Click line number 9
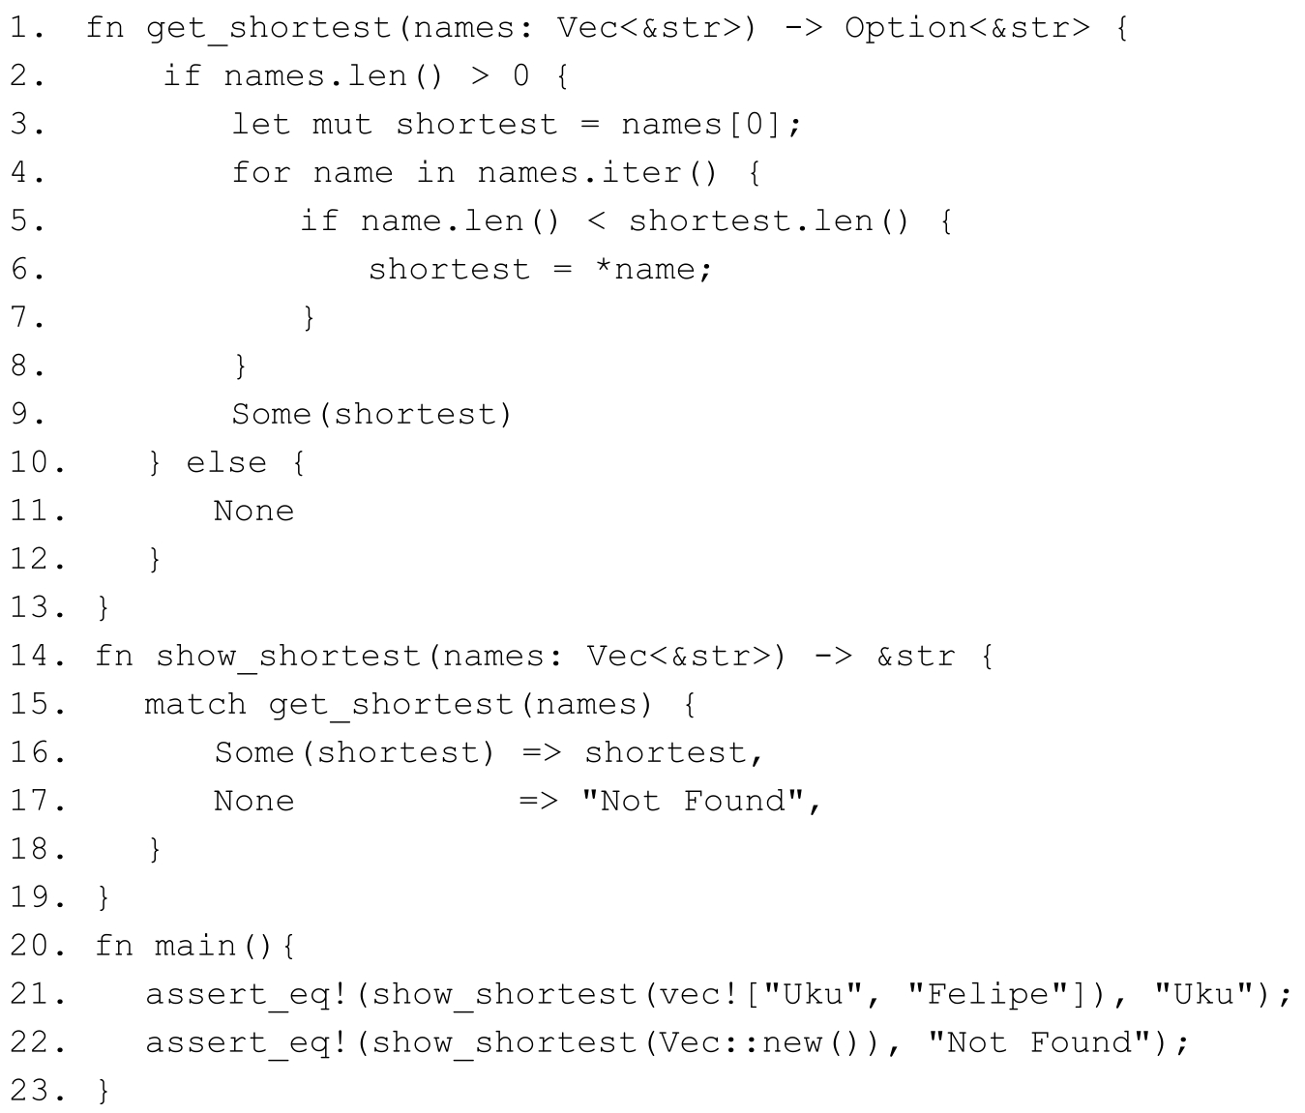(x=27, y=414)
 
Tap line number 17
(x=37, y=801)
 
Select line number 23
(x=37, y=1091)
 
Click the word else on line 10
(x=225, y=462)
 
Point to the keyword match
(x=195, y=704)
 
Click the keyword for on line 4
(x=261, y=173)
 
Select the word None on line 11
(x=253, y=511)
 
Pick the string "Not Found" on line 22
(x=1040, y=1042)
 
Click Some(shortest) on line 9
(x=371, y=414)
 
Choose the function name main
(x=194, y=946)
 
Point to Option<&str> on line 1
(x=966, y=28)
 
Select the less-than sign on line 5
(x=596, y=221)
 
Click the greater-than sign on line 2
(x=479, y=76)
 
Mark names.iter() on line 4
(x=597, y=173)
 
